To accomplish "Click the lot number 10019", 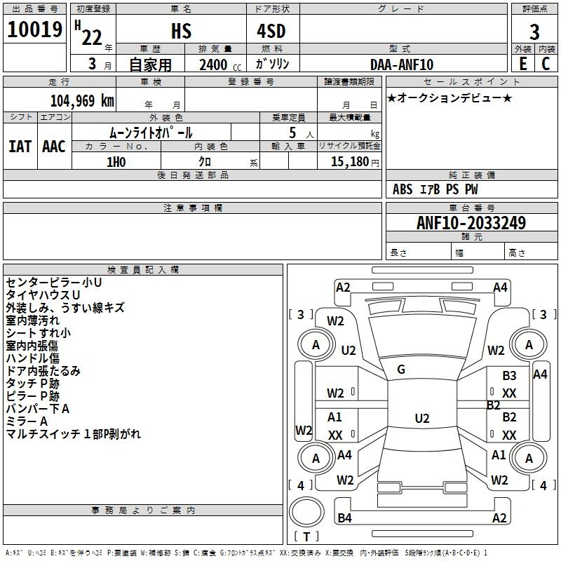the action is click(34, 29).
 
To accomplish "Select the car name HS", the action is click(181, 31).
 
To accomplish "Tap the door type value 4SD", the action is click(271, 31).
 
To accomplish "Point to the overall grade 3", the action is click(534, 32).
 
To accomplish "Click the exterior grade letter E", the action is click(522, 64).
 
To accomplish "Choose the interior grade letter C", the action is click(546, 64).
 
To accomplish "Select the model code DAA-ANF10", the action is click(402, 65).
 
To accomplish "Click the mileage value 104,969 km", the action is click(82, 101).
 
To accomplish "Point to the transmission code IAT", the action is click(20, 147).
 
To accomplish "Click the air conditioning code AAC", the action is click(54, 147).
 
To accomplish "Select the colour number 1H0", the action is click(116, 162).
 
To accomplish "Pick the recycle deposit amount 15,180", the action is click(350, 162).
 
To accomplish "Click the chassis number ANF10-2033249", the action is click(471, 223).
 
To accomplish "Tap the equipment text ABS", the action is click(403, 189).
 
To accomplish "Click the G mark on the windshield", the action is click(401, 370).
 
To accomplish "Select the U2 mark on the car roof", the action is click(422, 418).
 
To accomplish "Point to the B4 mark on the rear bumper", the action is click(344, 518).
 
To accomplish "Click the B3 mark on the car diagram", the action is click(509, 376).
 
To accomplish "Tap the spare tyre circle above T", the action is click(306, 512).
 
